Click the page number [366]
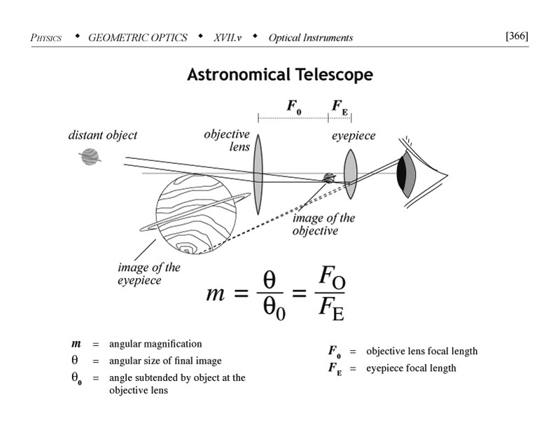coord(516,36)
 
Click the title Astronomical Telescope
coord(279,75)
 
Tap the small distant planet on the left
coord(90,156)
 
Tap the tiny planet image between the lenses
coord(328,178)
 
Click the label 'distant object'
coord(102,135)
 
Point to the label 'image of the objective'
coord(323,225)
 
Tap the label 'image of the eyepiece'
coord(148,274)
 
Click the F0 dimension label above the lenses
coord(294,107)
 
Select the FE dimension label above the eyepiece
coord(339,107)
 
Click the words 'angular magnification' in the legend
coord(155,344)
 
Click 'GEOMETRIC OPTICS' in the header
coord(138,38)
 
